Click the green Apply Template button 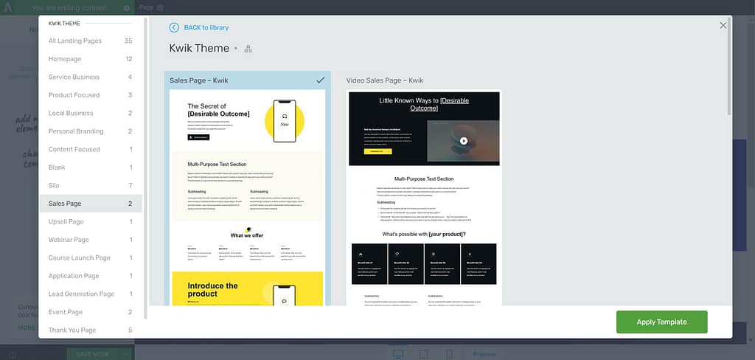tap(661, 322)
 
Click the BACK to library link tap(206, 27)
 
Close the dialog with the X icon tap(723, 25)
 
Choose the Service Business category tap(74, 77)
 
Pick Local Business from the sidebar tap(71, 113)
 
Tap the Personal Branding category tap(75, 131)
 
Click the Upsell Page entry tap(66, 221)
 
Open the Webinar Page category tap(69, 240)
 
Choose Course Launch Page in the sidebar tap(79, 257)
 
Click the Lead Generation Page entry tap(81, 294)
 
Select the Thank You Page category tap(72, 330)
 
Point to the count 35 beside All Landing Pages tap(128, 41)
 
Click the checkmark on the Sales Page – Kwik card tap(320, 80)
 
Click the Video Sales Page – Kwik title tap(385, 80)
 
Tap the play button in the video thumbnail tap(464, 140)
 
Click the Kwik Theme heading tap(199, 48)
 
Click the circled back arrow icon tap(174, 27)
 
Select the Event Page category tap(66, 312)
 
